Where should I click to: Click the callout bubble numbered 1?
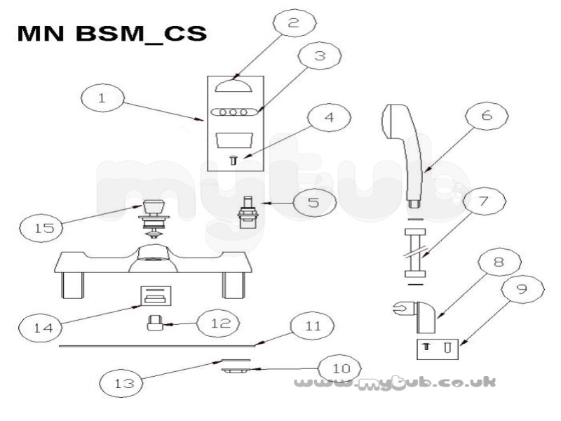click(x=102, y=98)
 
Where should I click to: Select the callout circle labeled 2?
click(x=294, y=22)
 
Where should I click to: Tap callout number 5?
click(x=313, y=203)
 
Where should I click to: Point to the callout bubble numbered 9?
click(x=522, y=288)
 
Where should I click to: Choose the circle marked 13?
click(x=121, y=383)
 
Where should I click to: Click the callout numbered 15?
click(x=41, y=228)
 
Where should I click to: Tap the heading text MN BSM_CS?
click(x=112, y=33)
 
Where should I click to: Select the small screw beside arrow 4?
click(x=234, y=160)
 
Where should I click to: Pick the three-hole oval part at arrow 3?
click(x=234, y=112)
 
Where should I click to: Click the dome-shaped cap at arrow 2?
click(x=234, y=86)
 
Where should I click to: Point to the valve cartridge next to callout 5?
click(x=246, y=213)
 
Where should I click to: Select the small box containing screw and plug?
click(x=438, y=349)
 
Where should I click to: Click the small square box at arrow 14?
click(x=155, y=295)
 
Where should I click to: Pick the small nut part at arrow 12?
click(x=154, y=322)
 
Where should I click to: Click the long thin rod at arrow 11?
click(x=157, y=346)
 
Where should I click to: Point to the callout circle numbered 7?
click(x=484, y=201)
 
